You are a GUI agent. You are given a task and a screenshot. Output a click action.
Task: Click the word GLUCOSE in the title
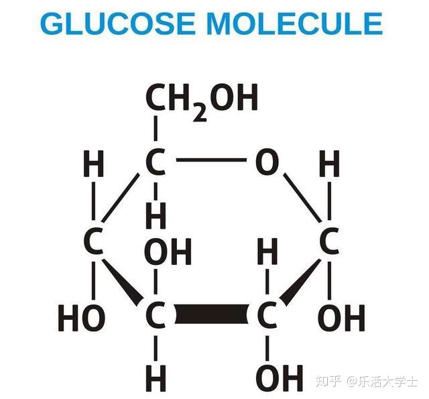118,24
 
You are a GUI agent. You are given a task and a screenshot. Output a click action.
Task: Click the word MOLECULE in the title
295,24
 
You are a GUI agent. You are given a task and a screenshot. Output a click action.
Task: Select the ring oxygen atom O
267,162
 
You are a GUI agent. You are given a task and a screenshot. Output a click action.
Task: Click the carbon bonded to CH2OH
156,162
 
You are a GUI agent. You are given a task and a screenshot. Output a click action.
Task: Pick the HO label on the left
82,318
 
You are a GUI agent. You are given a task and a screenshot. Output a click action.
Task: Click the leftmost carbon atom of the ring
94,241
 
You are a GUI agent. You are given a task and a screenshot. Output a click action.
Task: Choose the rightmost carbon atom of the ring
329,241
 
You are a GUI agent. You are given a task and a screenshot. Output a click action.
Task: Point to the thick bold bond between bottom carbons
211,314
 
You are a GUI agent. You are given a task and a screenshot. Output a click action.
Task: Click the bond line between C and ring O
211,160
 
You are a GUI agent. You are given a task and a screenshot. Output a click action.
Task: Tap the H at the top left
94,163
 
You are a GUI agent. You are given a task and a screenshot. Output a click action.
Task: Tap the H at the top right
329,163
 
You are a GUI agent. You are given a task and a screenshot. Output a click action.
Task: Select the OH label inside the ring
168,251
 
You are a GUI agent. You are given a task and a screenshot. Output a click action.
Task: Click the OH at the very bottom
280,378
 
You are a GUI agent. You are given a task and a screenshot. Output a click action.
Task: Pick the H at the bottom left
156,378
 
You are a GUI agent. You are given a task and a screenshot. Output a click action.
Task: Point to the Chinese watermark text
367,382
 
